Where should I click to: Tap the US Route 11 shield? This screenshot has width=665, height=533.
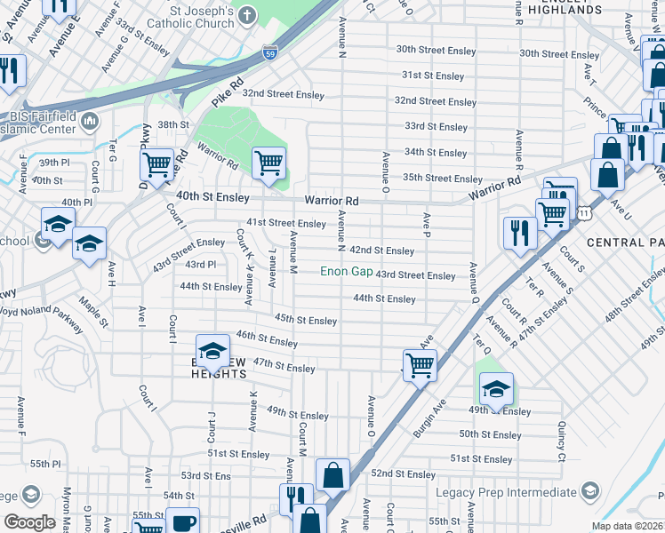583,213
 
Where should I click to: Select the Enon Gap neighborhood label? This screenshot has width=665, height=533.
347,271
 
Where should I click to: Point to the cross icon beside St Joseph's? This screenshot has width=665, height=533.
246,14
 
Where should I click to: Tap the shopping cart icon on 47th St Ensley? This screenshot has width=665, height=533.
420,364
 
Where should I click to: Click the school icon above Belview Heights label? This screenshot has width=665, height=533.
212,352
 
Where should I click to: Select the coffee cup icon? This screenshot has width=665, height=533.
183,522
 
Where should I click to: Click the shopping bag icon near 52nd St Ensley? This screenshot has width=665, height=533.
332,475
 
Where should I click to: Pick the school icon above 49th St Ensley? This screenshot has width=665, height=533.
497,388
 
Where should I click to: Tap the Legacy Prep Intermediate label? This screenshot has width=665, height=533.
506,492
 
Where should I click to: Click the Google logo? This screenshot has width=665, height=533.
30,521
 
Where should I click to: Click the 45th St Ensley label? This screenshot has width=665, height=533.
306,320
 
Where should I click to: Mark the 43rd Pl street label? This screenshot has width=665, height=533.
200,265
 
